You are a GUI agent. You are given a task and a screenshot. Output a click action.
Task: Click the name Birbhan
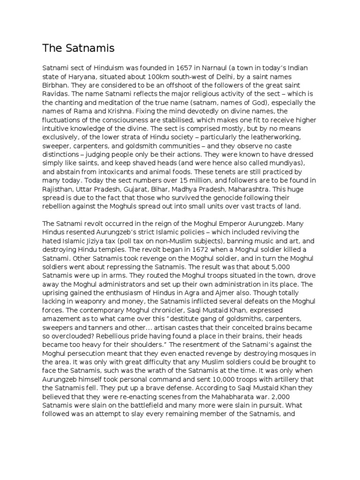pos(56,86)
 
